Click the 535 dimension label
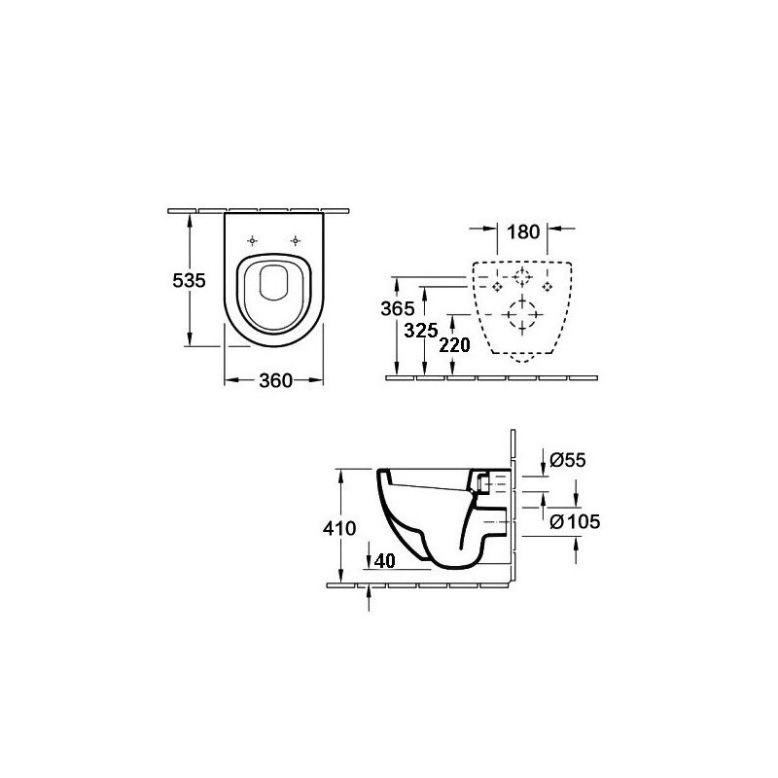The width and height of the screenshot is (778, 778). coord(189,281)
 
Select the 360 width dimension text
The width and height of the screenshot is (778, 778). coord(275,381)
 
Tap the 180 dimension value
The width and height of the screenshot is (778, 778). coord(523,231)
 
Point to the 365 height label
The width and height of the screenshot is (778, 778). coord(398,308)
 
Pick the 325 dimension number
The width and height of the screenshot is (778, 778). coord(421,330)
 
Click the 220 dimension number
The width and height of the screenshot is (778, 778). coord(454,345)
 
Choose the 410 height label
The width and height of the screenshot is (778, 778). coord(339,528)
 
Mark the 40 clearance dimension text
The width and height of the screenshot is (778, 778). coord(385,561)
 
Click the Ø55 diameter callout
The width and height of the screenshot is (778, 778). coord(568,460)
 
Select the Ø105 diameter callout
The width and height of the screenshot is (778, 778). coord(575,521)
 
